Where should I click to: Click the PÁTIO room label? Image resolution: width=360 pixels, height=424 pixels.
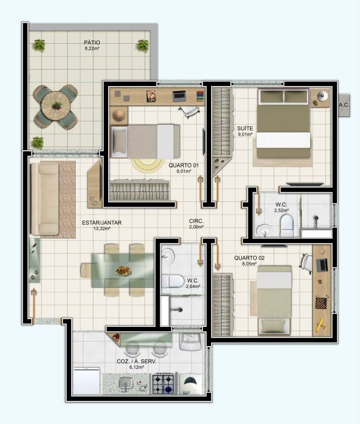tap(92, 42)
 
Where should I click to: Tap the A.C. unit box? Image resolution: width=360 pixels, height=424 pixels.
tap(344, 105)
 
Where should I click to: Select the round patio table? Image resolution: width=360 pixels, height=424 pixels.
tap(57, 105)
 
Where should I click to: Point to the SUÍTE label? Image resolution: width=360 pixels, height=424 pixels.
tap(245, 129)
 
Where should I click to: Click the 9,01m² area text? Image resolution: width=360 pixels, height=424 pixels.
tap(245, 134)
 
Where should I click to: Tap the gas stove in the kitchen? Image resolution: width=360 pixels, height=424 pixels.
tap(163, 383)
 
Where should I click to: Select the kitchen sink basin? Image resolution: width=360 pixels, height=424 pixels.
tap(126, 383)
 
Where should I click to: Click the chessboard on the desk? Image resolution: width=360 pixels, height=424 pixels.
tap(321, 303)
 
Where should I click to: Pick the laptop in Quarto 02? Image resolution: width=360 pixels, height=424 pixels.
tap(322, 265)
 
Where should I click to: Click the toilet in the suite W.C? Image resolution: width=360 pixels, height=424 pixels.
tap(287, 226)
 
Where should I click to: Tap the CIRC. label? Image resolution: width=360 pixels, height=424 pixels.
tap(197, 221)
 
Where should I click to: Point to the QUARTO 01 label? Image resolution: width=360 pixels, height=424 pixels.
tap(184, 165)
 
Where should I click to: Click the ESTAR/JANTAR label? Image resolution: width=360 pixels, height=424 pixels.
tap(102, 223)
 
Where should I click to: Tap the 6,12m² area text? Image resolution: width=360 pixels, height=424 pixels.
tap(136, 367)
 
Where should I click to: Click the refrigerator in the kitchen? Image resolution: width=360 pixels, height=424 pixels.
tap(87, 381)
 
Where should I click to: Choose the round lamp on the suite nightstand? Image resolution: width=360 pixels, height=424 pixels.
tap(322, 96)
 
